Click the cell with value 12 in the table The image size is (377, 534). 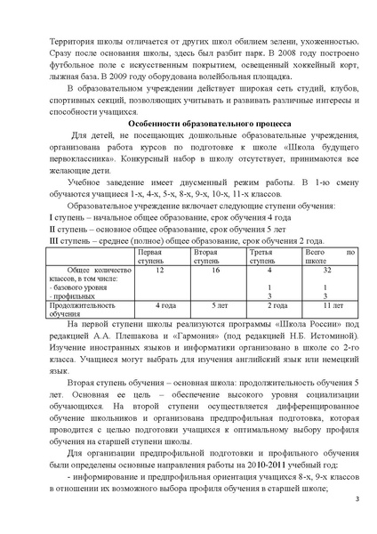point(159,268)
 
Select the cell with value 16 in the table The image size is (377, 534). point(214,268)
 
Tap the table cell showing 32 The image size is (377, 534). point(327,268)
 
